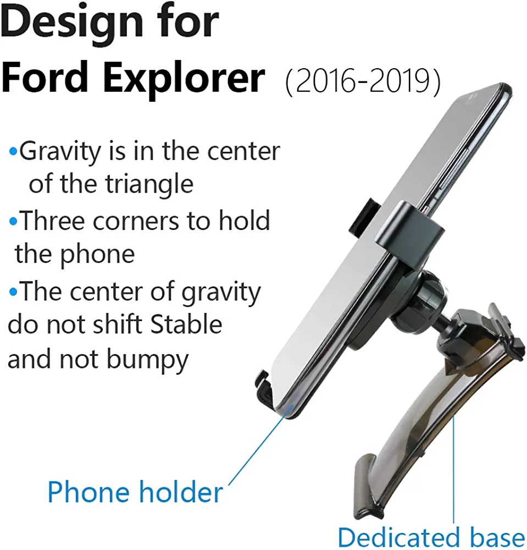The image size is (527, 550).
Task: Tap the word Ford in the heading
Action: point(45,77)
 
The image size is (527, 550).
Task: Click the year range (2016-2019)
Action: point(363,81)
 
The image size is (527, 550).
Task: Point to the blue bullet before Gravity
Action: point(13,152)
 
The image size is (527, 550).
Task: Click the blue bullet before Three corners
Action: point(13,222)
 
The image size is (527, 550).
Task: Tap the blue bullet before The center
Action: point(13,291)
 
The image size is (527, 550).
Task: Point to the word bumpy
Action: point(147,361)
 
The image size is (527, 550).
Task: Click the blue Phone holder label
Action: point(135,492)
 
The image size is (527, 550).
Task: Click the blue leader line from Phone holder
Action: point(260,445)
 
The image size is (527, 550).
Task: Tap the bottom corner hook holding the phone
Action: point(265,389)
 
